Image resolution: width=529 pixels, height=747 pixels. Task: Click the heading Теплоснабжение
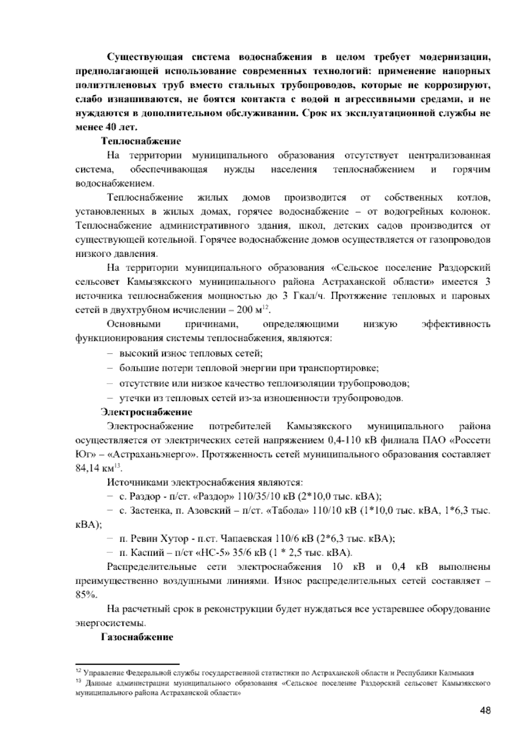click(x=141, y=141)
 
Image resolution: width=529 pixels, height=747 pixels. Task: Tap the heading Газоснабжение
click(x=137, y=637)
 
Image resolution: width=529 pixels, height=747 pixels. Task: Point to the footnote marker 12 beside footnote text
click(x=78, y=672)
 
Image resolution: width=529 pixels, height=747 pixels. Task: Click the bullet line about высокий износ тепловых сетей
click(x=190, y=353)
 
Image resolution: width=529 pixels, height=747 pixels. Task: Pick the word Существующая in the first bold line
click(x=145, y=57)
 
